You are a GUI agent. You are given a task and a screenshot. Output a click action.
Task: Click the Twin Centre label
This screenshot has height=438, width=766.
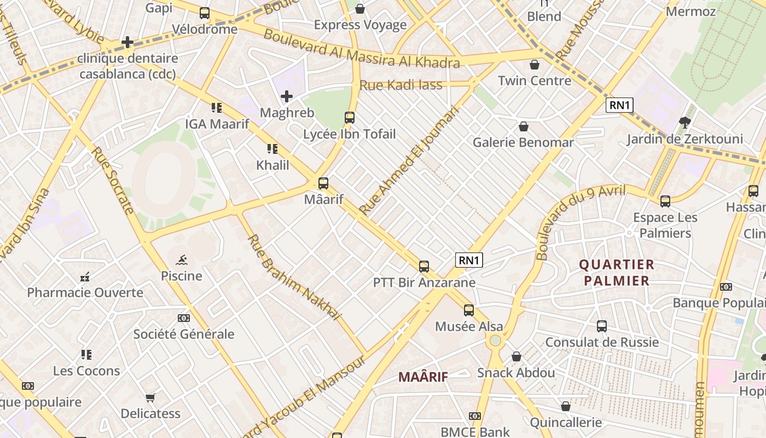tap(535, 81)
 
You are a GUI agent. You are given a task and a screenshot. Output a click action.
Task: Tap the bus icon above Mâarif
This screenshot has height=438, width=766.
tap(323, 183)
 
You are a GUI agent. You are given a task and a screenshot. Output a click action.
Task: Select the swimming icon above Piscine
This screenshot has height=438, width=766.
tap(182, 260)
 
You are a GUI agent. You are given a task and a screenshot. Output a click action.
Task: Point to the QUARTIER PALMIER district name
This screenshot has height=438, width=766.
tap(617, 273)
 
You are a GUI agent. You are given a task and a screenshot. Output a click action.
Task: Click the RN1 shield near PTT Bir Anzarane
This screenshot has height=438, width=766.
tap(469, 260)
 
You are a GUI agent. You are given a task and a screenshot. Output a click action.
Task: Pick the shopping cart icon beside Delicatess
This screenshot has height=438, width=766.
tap(150, 397)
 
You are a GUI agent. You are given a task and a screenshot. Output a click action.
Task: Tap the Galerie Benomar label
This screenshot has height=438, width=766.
tap(523, 142)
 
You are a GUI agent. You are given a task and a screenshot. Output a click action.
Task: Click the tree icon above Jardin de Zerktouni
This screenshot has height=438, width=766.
tap(684, 122)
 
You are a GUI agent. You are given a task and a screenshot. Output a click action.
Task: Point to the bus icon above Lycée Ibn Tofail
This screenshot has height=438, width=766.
tap(350, 117)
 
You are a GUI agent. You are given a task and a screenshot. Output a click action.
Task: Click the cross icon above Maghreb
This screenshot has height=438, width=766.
tap(287, 97)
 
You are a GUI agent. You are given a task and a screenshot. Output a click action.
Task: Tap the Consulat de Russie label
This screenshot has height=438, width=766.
tap(602, 343)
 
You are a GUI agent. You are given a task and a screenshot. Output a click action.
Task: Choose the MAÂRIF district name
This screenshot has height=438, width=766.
tap(423, 377)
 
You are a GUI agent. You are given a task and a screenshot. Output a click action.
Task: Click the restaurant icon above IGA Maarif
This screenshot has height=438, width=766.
tap(217, 108)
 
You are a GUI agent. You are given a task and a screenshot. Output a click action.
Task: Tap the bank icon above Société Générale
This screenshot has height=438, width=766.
tap(184, 318)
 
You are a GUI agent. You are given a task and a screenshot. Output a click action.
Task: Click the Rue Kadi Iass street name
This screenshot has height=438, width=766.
tap(401, 85)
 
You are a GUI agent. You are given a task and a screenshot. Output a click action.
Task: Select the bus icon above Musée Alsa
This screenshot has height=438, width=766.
tap(469, 310)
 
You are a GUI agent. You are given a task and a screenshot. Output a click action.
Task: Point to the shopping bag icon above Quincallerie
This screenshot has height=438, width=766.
tap(566, 407)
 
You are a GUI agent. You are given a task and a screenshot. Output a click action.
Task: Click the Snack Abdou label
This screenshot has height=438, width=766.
tap(516, 373)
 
